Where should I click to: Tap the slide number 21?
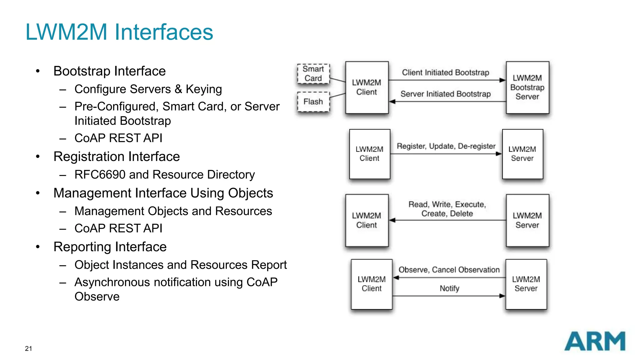coord(28,348)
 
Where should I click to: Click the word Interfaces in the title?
coord(164,32)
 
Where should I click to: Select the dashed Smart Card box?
coord(313,74)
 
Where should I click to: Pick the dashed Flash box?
coord(313,102)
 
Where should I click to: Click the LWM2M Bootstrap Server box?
coord(527,87)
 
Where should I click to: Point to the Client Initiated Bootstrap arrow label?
coord(445,72)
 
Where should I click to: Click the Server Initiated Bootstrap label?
coord(445,94)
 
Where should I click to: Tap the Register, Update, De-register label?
coord(446,146)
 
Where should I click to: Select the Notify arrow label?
coord(449,288)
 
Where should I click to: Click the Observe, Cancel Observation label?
coord(449,270)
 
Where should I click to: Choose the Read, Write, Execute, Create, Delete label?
coord(447,209)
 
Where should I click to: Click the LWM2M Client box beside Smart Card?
coord(367,87)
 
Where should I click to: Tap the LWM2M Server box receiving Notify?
coord(526,284)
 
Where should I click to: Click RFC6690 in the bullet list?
coord(100,175)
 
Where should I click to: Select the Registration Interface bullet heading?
coord(117,157)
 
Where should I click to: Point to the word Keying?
coord(204,89)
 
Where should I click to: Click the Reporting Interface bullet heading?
coord(110,247)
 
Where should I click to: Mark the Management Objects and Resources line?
coord(173,211)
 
